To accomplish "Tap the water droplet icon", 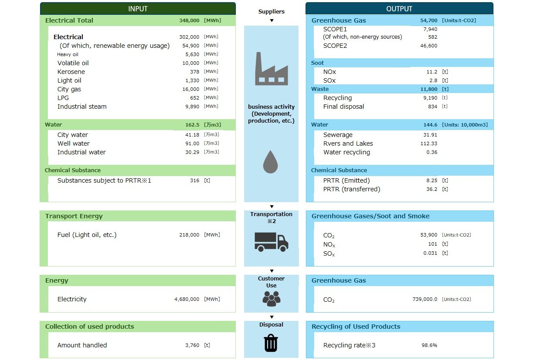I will [270, 162].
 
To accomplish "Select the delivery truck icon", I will [271, 242].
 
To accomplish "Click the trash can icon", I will [271, 343].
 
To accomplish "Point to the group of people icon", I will [272, 297].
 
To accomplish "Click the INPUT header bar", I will [138, 9].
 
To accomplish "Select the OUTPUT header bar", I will [399, 9].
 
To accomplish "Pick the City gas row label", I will [69, 89].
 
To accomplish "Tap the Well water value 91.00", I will [192, 143].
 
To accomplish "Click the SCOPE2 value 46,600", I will [429, 46].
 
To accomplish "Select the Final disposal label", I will [343, 107].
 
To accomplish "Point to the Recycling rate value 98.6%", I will [429, 345].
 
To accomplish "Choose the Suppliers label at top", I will [272, 11].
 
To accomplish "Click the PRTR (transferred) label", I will [352, 189].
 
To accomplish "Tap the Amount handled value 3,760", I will [192, 345].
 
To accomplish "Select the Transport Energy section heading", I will [74, 216].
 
